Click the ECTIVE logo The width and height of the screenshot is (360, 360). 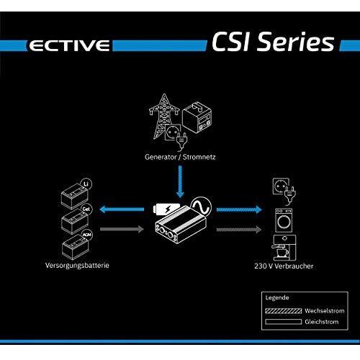[x=69, y=45]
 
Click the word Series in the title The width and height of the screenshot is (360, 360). [x=295, y=42]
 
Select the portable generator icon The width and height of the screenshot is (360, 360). [x=197, y=117]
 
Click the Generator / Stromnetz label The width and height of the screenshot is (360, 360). [x=180, y=157]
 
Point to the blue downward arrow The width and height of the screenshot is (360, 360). [x=180, y=181]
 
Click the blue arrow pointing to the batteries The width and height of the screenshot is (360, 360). [x=122, y=210]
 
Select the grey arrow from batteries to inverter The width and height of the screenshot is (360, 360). [x=122, y=229]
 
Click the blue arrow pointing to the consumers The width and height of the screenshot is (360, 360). [x=239, y=210]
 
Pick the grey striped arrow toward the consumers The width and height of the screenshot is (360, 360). [x=239, y=230]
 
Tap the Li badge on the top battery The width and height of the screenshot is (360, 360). [x=86, y=184]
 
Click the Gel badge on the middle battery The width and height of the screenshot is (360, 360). [x=86, y=209]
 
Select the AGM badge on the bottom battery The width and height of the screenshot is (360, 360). [x=86, y=235]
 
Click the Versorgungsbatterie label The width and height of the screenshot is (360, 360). [x=77, y=266]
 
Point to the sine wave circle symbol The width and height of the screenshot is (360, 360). [x=201, y=207]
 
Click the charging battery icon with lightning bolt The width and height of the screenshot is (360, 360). [x=166, y=209]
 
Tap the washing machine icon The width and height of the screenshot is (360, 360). [x=284, y=220]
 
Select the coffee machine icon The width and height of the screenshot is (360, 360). [x=284, y=248]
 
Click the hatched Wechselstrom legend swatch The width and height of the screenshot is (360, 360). [x=284, y=311]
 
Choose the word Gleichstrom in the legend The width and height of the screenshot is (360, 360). [x=322, y=322]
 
